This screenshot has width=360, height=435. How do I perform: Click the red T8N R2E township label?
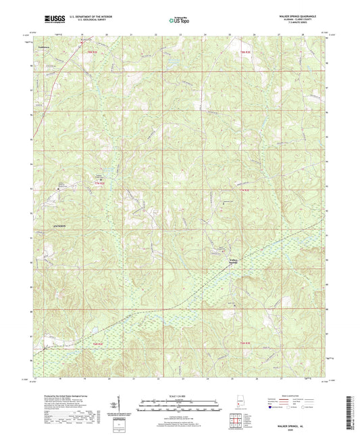[x=90, y=51]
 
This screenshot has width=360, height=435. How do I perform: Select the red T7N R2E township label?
[x=101, y=183]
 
